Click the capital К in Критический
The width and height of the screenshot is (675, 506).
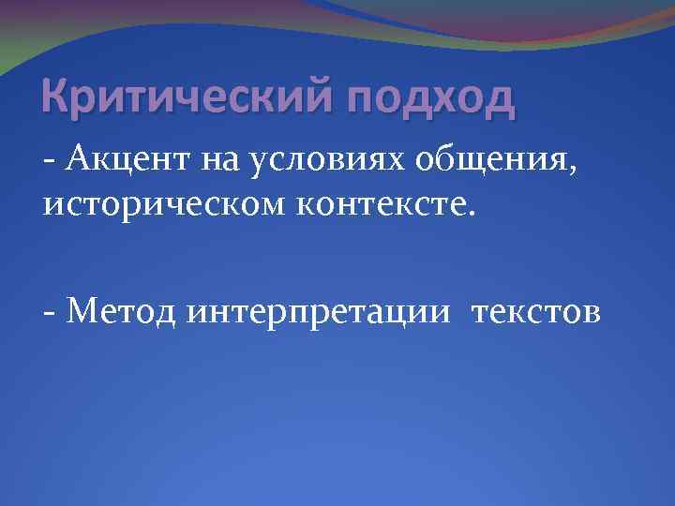pyautogui.click(x=56, y=97)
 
